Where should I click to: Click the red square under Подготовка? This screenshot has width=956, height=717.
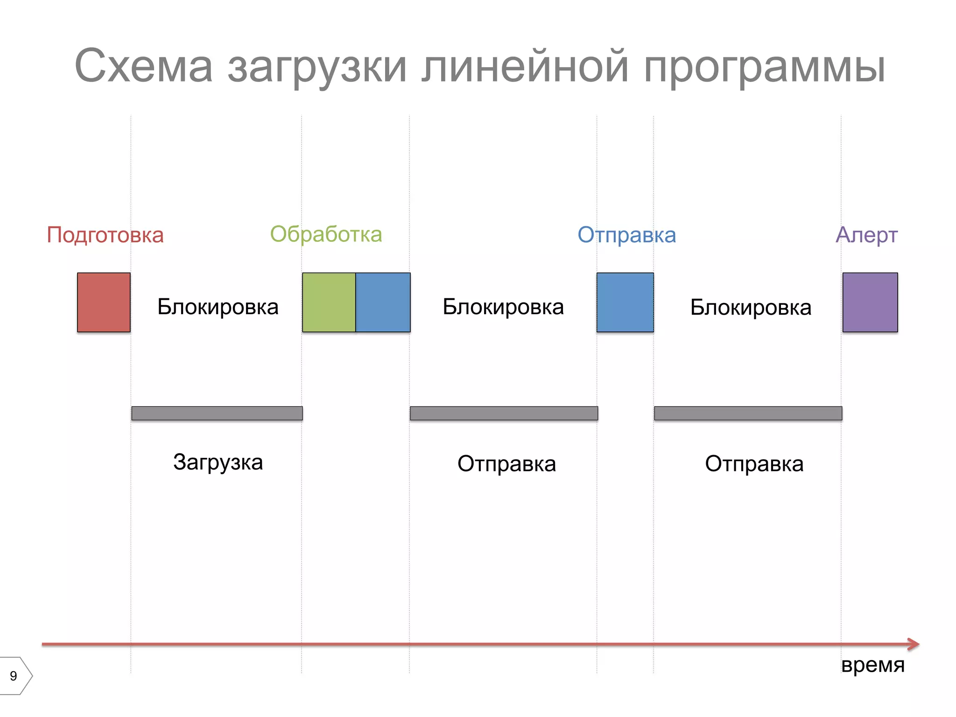pyautogui.click(x=104, y=302)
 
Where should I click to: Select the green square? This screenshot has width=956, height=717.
pyautogui.click(x=329, y=302)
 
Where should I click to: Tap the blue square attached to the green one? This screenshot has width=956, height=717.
pyautogui.click(x=383, y=302)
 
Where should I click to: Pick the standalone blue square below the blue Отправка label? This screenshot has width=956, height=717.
pyautogui.click(x=625, y=302)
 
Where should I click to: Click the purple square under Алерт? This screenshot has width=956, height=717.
pyautogui.click(x=870, y=302)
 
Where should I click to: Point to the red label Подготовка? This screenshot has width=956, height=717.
pyautogui.click(x=105, y=235)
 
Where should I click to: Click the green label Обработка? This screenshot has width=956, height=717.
pyautogui.click(x=326, y=234)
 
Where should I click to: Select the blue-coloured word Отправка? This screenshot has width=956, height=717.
pyautogui.click(x=626, y=235)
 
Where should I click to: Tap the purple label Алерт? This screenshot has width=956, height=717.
pyautogui.click(x=866, y=235)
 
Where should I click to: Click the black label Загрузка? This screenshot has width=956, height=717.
pyautogui.click(x=218, y=463)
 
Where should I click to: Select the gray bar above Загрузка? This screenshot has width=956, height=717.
pyautogui.click(x=217, y=413)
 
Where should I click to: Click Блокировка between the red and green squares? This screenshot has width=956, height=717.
pyautogui.click(x=218, y=307)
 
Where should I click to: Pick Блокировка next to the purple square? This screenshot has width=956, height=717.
pyautogui.click(x=751, y=307)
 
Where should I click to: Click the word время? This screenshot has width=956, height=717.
pyautogui.click(x=872, y=665)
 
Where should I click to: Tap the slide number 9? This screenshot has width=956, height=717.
pyautogui.click(x=14, y=676)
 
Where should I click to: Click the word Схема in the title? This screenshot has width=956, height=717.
pyautogui.click(x=143, y=66)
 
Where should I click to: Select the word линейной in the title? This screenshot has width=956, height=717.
pyautogui.click(x=525, y=66)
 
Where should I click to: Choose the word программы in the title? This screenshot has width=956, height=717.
pyautogui.click(x=764, y=66)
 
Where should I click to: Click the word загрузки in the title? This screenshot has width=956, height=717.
pyautogui.click(x=317, y=66)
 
